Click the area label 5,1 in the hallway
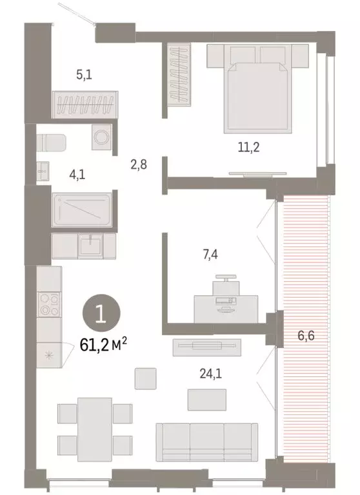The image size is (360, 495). click(x=84, y=75)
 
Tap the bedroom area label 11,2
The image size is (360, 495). click(x=248, y=147)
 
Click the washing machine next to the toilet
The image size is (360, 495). click(x=101, y=137)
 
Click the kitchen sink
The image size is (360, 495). click(x=89, y=244)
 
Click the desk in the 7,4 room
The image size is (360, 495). click(x=226, y=307)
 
